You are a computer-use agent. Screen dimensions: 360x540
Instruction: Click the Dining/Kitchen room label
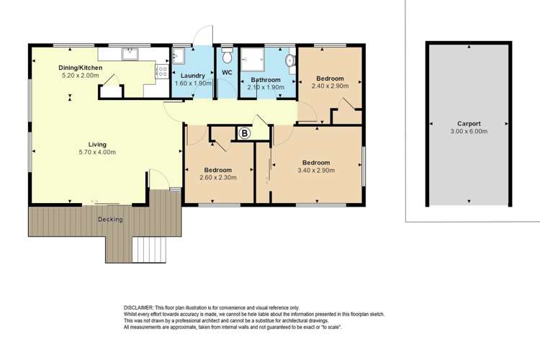click(81, 68)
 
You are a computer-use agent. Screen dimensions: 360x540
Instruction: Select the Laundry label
click(193, 75)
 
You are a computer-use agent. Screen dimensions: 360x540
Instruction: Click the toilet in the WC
click(227, 55)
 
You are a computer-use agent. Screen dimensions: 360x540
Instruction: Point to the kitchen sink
click(130, 53)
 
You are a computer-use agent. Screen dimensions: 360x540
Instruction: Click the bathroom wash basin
click(289, 60)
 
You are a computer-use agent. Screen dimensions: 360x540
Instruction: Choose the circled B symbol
click(244, 133)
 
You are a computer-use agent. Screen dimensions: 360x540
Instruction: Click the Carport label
click(468, 123)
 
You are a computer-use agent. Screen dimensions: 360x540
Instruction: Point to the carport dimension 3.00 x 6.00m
click(468, 132)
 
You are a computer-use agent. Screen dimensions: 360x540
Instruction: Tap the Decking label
click(110, 219)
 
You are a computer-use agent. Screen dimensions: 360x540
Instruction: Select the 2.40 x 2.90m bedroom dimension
click(330, 86)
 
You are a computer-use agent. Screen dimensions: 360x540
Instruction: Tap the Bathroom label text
click(265, 79)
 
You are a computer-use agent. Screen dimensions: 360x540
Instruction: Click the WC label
click(227, 72)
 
